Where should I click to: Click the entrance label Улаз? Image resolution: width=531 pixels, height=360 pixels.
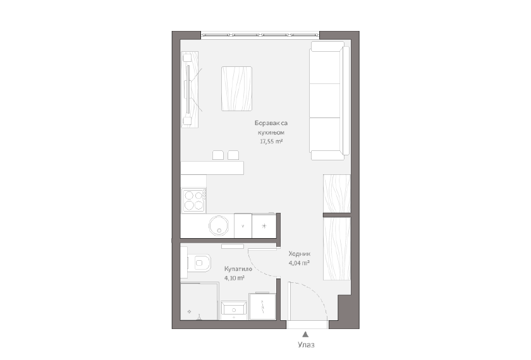coord(306,345)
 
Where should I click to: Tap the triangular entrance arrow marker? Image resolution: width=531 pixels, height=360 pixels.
coord(305,335)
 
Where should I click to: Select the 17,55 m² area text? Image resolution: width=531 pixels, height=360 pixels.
coord(271,141)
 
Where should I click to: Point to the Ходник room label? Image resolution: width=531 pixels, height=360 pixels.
coord(300,254)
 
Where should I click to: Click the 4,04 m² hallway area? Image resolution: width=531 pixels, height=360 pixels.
coord(300,263)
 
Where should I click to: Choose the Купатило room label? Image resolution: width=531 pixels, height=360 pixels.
coord(238,269)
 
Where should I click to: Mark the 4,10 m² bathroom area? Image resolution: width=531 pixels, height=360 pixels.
coord(235,278)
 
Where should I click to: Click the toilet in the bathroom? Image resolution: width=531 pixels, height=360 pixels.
coord(199,263)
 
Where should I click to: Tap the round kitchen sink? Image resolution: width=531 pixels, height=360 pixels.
coord(219,225)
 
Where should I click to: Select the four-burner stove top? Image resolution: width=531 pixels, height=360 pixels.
coord(193,200)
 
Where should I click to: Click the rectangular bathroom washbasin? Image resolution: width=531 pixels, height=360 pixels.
coord(234,310)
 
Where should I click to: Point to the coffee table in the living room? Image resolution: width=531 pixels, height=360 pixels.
coord(236,88)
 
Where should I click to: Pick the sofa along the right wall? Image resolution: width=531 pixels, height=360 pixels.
coord(330,100)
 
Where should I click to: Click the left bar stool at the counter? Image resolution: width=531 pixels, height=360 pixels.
coord(218,155)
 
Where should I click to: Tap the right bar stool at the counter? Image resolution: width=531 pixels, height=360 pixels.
coord(233,155)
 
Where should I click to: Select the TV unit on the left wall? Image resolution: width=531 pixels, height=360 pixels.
coord(190,89)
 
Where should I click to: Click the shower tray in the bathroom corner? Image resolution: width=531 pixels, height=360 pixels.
coord(199,301)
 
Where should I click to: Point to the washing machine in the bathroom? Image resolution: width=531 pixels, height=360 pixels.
coord(262,306)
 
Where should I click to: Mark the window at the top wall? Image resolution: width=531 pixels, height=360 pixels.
coord(260,35)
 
